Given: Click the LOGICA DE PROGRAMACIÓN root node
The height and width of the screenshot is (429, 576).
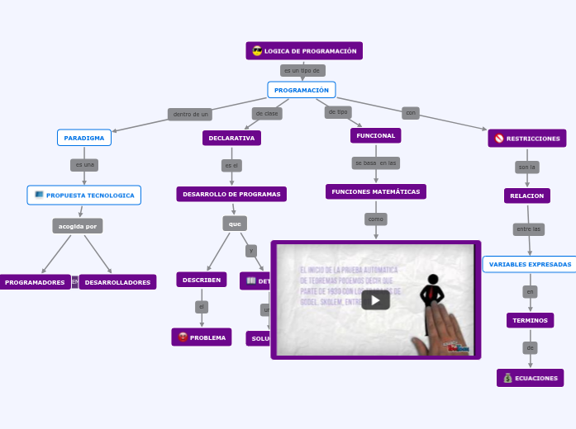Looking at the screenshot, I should pyautogui.click(x=304, y=51).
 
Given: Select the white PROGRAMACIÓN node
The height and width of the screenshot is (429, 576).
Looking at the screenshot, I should pyautogui.click(x=302, y=90).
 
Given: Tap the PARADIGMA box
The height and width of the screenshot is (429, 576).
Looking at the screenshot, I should pyautogui.click(x=84, y=138).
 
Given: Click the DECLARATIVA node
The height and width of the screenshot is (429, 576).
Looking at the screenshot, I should pyautogui.click(x=231, y=138).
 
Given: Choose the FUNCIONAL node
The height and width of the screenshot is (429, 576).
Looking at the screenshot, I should pyautogui.click(x=376, y=135).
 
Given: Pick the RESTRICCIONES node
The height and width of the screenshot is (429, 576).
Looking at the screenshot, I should pyautogui.click(x=527, y=139).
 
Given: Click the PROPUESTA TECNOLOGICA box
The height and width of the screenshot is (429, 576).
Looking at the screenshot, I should pyautogui.click(x=84, y=196).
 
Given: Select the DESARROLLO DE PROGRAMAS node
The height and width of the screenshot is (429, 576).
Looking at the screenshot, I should pyautogui.click(x=231, y=194).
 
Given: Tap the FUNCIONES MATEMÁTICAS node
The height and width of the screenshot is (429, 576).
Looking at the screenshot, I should pyautogui.click(x=376, y=191).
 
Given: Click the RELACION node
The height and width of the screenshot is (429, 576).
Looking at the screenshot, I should pyautogui.click(x=527, y=196).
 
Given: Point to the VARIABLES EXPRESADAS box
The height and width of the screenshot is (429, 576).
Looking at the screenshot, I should pyautogui.click(x=530, y=264).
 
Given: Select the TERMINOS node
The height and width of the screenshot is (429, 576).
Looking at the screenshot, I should pyautogui.click(x=530, y=320).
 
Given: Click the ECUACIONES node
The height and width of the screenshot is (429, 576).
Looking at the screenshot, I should pyautogui.click(x=530, y=378).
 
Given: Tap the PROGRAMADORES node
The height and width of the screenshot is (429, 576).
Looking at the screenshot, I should pyautogui.click(x=35, y=282).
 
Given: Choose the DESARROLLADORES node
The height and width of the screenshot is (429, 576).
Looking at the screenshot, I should pyautogui.click(x=117, y=282).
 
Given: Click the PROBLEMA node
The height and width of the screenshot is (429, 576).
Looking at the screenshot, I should pyautogui.click(x=202, y=337).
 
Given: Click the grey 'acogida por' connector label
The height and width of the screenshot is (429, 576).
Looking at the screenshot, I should pyautogui.click(x=78, y=226).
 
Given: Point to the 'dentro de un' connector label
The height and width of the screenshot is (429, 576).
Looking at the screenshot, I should pyautogui.click(x=191, y=115).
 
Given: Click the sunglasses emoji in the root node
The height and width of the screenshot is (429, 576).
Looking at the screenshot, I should pyautogui.click(x=257, y=51).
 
